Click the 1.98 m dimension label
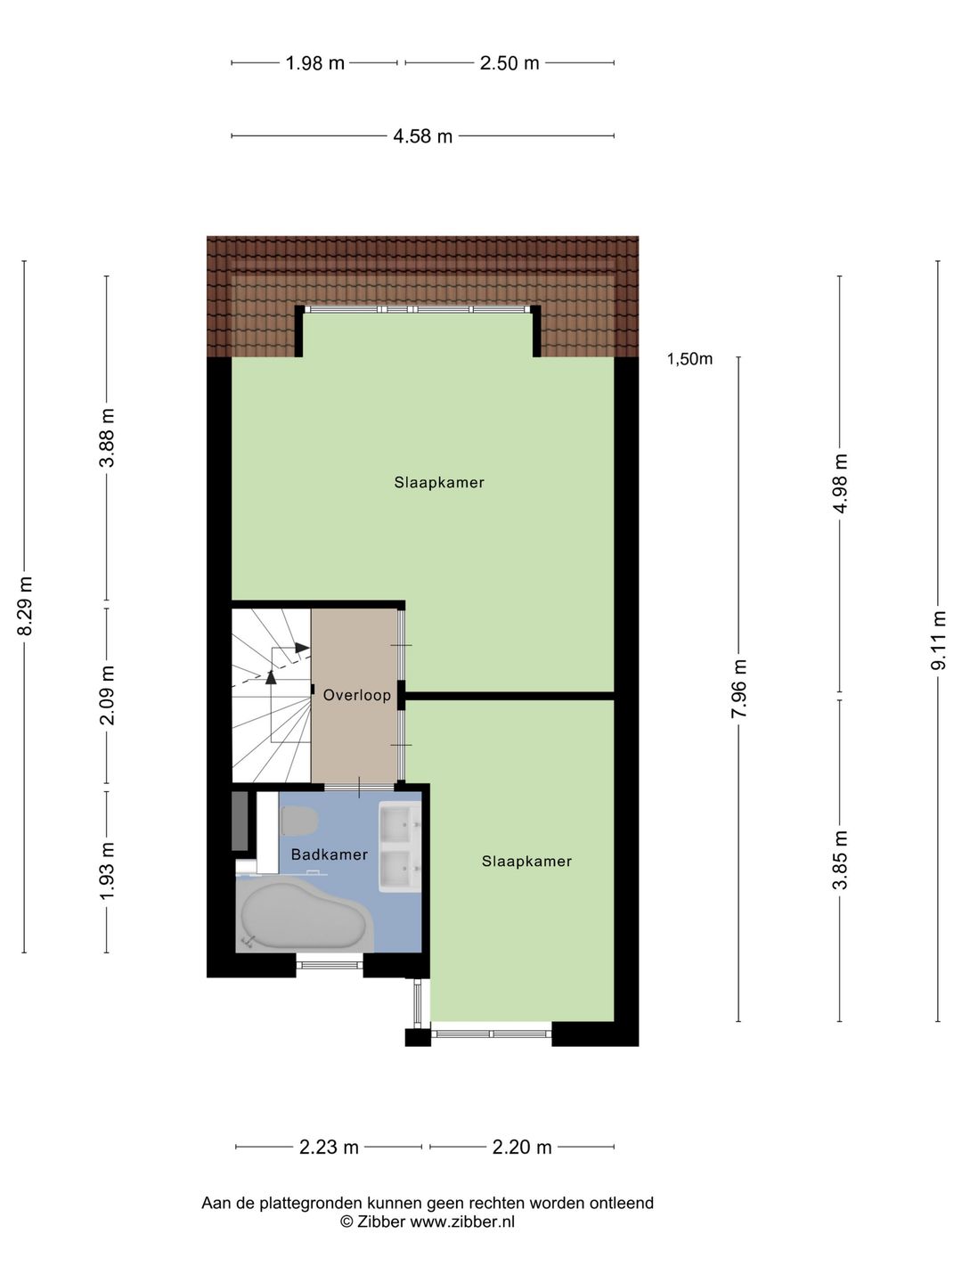click(x=314, y=63)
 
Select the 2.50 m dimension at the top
click(x=510, y=63)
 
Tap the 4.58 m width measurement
click(x=423, y=136)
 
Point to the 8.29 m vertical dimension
click(x=26, y=607)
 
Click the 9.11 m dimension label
click(x=939, y=641)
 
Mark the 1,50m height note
click(x=689, y=360)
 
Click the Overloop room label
click(x=357, y=696)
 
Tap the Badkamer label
click(x=329, y=855)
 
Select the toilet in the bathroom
click(x=299, y=821)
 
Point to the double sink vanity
click(x=399, y=846)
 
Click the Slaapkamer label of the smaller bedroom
click(x=526, y=862)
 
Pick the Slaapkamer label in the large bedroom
click(x=439, y=483)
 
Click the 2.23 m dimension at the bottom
click(x=329, y=1148)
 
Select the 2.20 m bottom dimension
click(x=522, y=1148)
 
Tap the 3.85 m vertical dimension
click(x=840, y=860)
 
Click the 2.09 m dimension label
click(x=108, y=696)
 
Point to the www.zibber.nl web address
click(x=461, y=1222)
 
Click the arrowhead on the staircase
click(x=302, y=648)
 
